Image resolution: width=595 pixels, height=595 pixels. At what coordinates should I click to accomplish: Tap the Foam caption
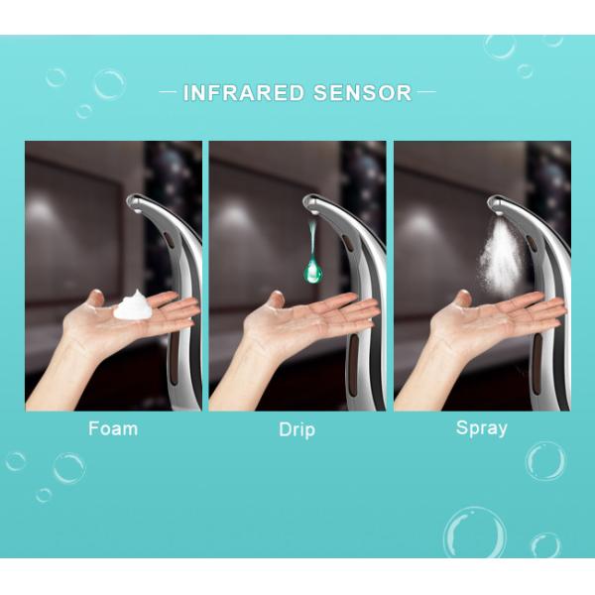click(113, 429)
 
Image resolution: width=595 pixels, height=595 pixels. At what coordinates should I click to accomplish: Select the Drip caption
click(297, 430)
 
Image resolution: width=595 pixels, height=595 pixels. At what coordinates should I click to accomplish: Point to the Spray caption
click(482, 428)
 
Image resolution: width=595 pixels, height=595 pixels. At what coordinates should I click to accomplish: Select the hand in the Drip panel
click(297, 327)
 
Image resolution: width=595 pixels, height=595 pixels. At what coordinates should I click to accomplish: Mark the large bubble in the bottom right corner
click(474, 533)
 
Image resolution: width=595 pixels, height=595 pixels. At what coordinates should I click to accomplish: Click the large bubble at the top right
click(500, 46)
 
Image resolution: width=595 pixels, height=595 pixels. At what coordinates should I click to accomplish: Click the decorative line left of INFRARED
click(169, 93)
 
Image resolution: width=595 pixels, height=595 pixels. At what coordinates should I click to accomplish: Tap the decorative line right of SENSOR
click(425, 93)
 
